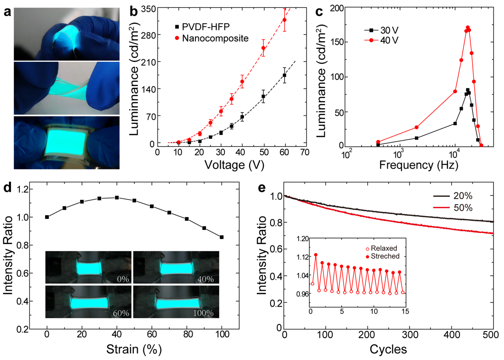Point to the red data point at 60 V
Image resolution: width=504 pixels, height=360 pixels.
(x=285, y=19)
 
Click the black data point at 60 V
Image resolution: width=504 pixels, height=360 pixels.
(x=285, y=75)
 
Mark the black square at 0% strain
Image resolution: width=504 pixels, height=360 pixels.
(x=47, y=217)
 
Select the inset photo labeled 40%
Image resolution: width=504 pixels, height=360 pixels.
(x=176, y=267)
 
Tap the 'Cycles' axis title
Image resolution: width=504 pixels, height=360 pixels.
(x=388, y=351)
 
